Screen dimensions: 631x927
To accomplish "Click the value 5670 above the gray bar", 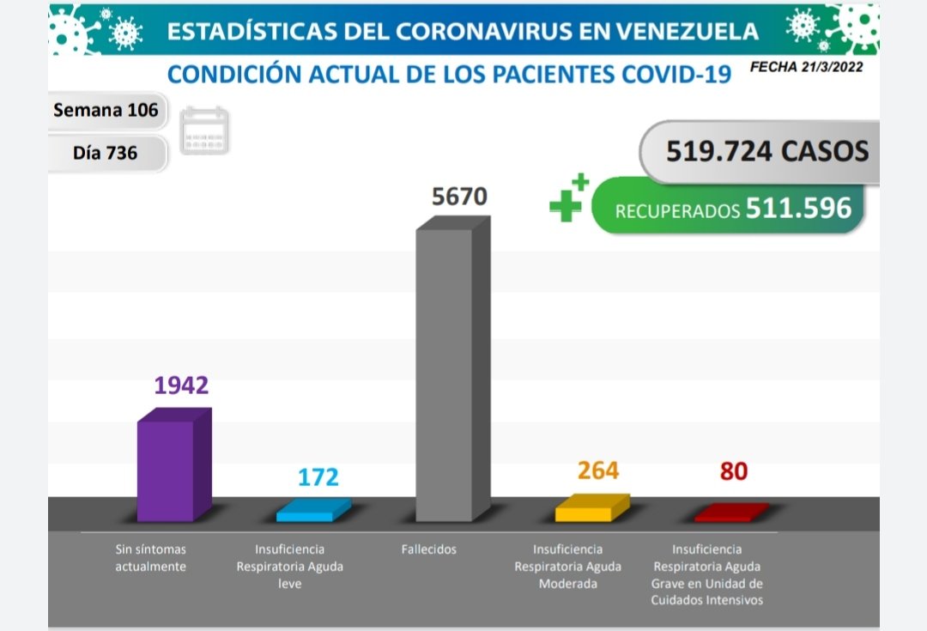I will click(x=459, y=197).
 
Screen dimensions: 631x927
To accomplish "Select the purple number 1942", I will click(x=181, y=385).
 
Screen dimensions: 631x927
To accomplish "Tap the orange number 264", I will click(x=598, y=470).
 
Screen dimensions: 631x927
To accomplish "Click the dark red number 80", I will click(x=734, y=471).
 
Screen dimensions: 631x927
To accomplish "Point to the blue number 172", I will click(x=318, y=477).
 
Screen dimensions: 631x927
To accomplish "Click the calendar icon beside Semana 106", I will click(x=204, y=130).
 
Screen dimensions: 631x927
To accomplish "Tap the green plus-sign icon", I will click(x=568, y=198).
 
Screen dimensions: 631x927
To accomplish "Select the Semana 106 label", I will click(x=106, y=110).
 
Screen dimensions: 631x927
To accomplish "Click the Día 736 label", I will click(x=105, y=154).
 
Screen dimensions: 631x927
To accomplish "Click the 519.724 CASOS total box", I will click(x=766, y=152).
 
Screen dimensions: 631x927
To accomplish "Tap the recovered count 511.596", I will click(x=798, y=208).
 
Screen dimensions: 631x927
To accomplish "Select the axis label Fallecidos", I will click(x=429, y=549).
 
